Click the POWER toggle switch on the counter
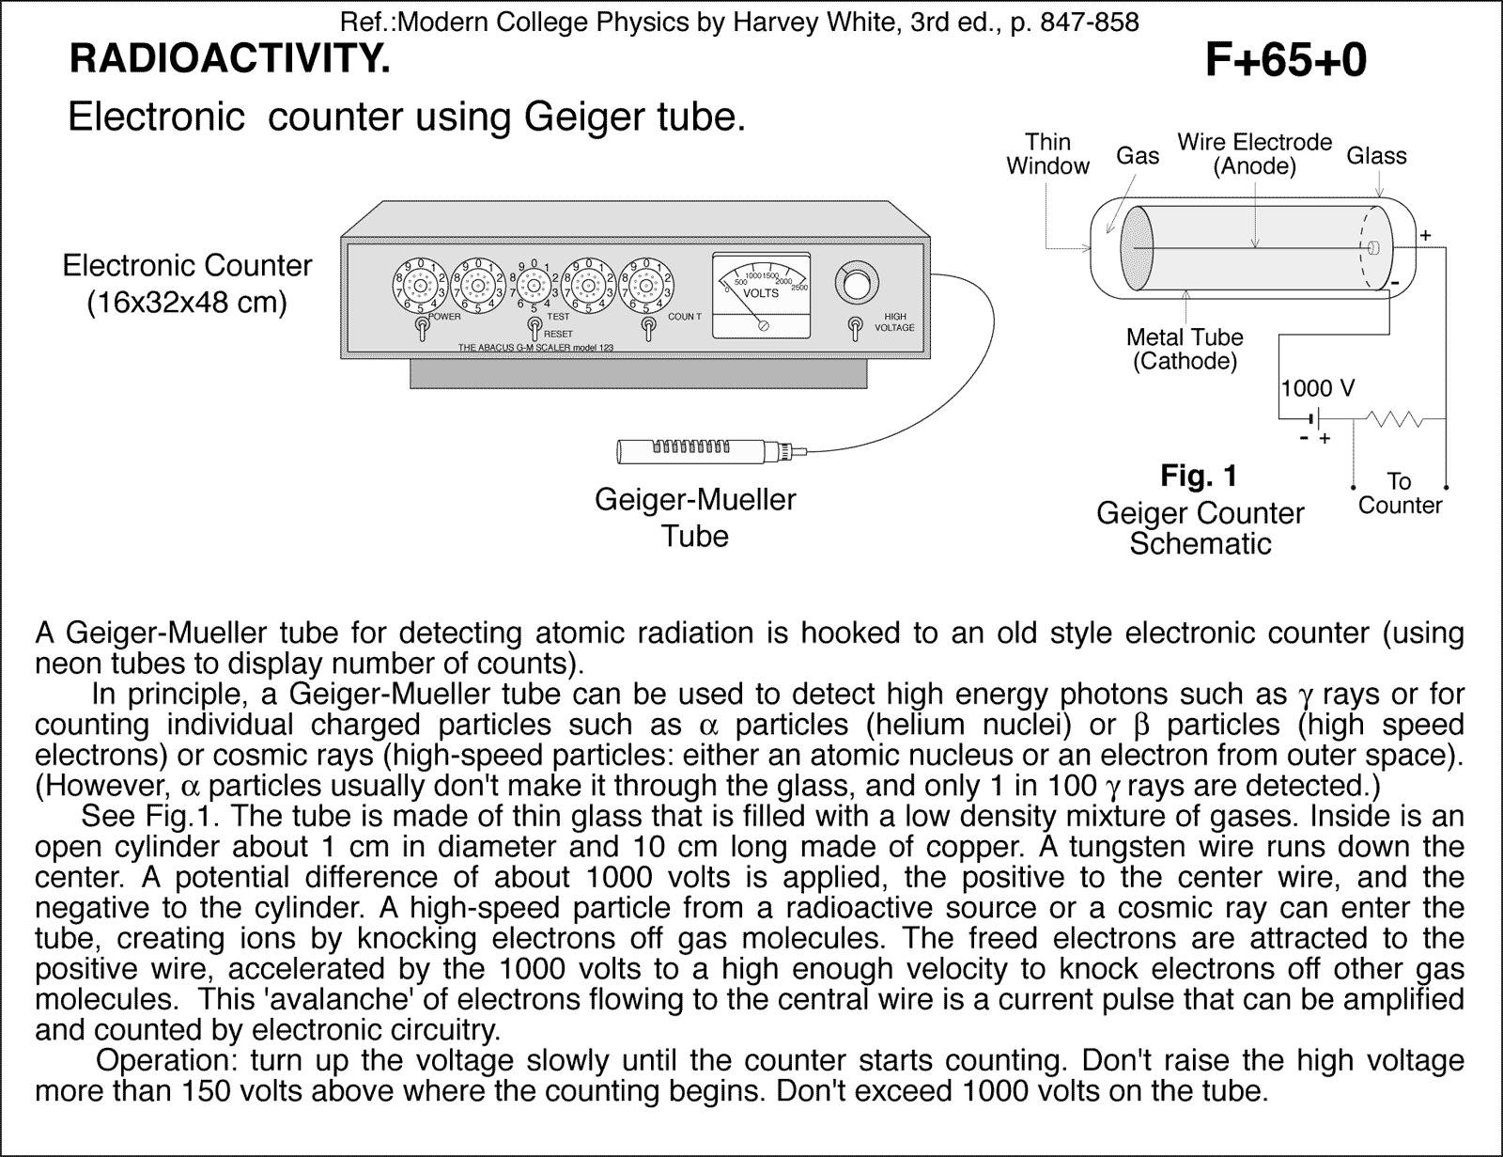(423, 328)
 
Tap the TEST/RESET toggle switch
(534, 328)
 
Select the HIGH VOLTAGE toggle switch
(854, 327)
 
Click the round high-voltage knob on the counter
(855, 283)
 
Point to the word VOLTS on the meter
(761, 293)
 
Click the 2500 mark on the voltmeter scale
(800, 287)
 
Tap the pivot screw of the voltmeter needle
(764, 325)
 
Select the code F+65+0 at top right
(1284, 61)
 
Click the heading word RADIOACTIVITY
(228, 59)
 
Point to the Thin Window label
(1047, 154)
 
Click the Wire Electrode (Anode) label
(1254, 154)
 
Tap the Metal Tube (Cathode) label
(1184, 349)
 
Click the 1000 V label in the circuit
(1317, 388)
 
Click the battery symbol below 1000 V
(1314, 418)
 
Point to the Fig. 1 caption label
(1199, 476)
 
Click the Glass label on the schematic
(1376, 156)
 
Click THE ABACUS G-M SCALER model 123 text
(535, 348)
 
